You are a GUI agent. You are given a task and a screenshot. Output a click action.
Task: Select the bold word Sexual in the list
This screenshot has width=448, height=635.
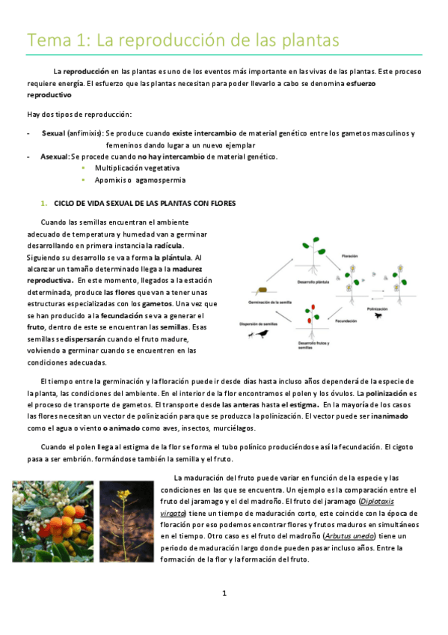click(x=54, y=133)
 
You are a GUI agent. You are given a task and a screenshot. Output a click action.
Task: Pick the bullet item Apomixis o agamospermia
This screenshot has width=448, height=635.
click(x=129, y=180)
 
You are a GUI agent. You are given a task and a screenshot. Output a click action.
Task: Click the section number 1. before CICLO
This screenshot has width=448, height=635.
click(x=44, y=203)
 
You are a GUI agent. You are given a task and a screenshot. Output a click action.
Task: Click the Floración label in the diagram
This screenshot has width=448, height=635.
click(x=352, y=256)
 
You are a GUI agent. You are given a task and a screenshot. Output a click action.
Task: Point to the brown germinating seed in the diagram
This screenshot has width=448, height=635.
click(x=262, y=289)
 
